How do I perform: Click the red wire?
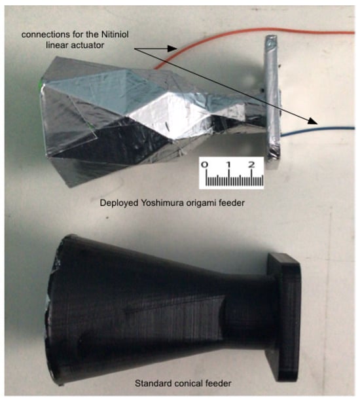(x=255, y=30)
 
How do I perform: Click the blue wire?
(x=319, y=130)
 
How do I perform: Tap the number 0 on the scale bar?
(x=205, y=164)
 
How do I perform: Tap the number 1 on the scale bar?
(x=229, y=164)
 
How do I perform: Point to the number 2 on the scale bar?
(x=251, y=164)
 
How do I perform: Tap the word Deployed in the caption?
(x=119, y=203)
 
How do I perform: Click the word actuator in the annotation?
(x=88, y=45)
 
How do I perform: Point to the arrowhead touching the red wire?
(x=172, y=48)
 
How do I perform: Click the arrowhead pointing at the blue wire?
(x=312, y=121)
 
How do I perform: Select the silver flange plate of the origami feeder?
(x=272, y=98)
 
